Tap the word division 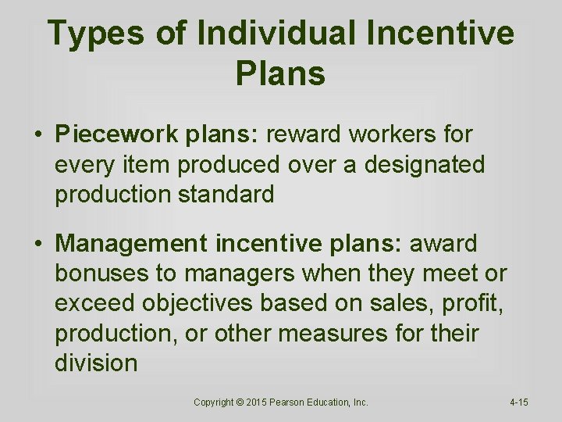click(x=96, y=363)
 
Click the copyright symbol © click(x=240, y=402)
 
